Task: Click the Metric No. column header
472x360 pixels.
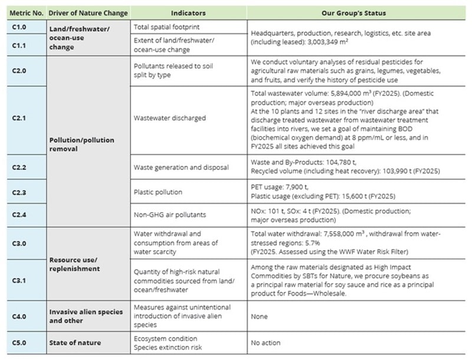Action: tap(25, 12)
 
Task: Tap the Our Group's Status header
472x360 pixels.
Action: tap(354, 12)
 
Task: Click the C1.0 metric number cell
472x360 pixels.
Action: tap(20, 27)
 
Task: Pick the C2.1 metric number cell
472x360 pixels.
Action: tap(20, 118)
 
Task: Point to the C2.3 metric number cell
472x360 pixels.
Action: tap(20, 191)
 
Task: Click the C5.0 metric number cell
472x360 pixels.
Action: tap(20, 342)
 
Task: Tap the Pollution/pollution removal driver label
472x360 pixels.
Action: tap(81, 144)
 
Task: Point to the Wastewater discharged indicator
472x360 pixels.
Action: tap(170, 118)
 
